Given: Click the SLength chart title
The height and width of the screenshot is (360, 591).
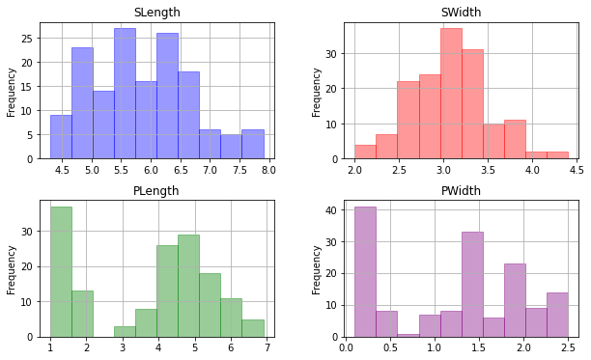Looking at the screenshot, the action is click(157, 13).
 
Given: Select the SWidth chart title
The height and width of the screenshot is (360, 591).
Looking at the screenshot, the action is click(461, 13).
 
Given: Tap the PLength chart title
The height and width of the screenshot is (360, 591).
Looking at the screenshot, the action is click(156, 191).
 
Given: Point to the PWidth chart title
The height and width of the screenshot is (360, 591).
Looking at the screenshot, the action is click(461, 191).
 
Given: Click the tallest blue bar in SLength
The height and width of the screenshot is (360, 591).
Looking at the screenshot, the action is click(126, 94).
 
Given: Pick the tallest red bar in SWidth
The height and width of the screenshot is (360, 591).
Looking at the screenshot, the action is click(451, 94).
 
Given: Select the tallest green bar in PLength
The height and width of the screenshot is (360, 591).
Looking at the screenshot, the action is click(61, 272).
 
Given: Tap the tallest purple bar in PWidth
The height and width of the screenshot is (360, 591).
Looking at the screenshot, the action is click(365, 272).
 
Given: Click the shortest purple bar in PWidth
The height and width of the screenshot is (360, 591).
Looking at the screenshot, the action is click(408, 336).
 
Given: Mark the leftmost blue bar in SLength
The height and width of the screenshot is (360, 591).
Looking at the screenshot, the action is click(61, 137).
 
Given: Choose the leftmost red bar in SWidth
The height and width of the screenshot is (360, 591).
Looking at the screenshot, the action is click(365, 152).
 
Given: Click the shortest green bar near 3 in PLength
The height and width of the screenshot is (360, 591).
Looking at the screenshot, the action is click(125, 332).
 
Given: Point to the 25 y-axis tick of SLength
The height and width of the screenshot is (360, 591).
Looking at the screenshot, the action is click(27, 39).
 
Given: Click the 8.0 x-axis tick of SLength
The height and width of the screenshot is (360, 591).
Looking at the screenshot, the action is click(268, 170).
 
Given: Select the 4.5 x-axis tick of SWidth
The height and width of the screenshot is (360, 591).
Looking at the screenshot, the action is click(577, 170).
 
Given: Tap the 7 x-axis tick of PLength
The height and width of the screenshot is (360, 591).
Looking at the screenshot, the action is click(267, 348).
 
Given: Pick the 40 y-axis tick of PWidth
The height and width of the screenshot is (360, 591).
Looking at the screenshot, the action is click(331, 210).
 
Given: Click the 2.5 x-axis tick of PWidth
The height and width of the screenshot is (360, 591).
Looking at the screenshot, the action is click(568, 348).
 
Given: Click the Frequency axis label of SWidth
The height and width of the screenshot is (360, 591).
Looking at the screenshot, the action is click(316, 93).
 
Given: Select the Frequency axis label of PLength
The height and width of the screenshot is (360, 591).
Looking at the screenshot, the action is click(11, 270).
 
